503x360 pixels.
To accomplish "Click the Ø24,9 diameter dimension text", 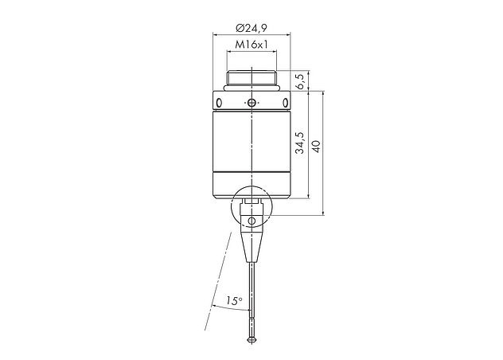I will coord(251,26).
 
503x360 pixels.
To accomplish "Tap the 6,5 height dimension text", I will coord(300,81).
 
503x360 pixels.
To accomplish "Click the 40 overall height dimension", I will coord(318,148).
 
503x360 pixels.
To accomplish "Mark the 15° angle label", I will coord(232,301).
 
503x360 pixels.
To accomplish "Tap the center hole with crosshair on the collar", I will coord(251,104).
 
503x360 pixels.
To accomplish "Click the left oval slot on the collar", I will coord(219,104).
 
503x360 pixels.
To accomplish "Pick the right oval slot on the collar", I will coord(284,104).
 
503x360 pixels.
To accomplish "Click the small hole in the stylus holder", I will coord(251,221).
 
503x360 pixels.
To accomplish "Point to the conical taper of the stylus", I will coord(251,247).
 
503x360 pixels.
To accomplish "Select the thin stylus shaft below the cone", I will coord(251,295).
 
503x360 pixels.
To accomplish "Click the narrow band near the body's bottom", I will coord(251,174).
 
